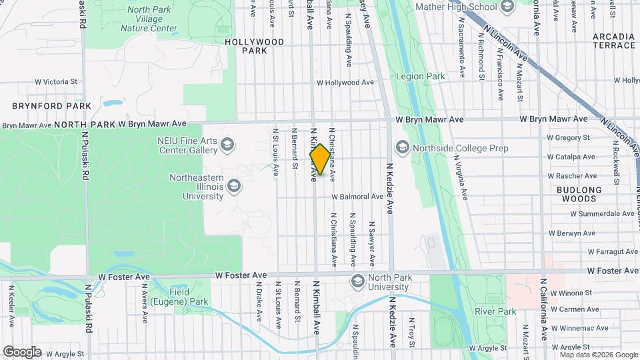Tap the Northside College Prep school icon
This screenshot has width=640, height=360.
point(402,147)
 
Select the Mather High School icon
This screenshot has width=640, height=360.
point(507,7)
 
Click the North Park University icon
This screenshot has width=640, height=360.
point(357,280)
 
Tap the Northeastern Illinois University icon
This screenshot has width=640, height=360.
point(234,185)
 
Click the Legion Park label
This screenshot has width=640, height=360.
point(420,77)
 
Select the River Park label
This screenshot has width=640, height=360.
point(496,311)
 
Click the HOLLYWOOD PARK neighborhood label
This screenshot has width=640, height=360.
point(254,46)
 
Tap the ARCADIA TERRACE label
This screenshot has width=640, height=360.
point(613,41)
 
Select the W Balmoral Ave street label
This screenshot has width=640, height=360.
point(359,197)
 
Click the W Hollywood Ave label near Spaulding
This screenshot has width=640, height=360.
point(345,83)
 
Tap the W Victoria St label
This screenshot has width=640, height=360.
point(57,82)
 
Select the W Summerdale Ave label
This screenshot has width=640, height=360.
point(602,214)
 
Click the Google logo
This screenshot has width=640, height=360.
point(22,352)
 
